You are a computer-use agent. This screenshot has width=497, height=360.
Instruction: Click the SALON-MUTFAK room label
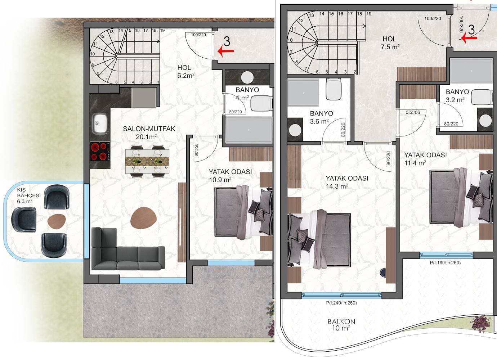pyautogui.click(x=149, y=132)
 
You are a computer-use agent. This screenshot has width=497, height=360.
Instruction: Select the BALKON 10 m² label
pyautogui.click(x=341, y=325)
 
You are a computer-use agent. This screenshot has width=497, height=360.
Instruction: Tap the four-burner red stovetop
pyautogui.click(x=100, y=151)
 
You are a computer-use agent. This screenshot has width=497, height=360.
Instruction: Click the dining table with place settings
pyautogui.click(x=147, y=161)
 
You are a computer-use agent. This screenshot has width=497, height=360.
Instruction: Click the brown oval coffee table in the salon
pyautogui.click(x=144, y=218)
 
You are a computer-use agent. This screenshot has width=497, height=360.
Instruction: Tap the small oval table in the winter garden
pyautogui.click(x=57, y=221)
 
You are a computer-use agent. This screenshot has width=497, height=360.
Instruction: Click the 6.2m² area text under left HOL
pyautogui.click(x=186, y=76)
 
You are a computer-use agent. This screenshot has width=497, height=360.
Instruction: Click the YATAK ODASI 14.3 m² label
pyautogui.click(x=347, y=182)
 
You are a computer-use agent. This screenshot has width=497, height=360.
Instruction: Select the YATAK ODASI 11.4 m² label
pyautogui.click(x=425, y=159)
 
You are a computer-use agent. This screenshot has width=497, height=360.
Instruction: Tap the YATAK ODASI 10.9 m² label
pyautogui.click(x=230, y=176)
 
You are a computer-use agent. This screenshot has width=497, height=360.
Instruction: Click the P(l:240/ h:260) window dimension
pyautogui.click(x=341, y=303)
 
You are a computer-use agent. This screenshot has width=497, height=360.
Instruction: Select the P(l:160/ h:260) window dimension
pyautogui.click(x=445, y=263)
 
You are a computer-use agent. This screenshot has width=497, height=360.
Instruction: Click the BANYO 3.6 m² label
pyautogui.click(x=321, y=117)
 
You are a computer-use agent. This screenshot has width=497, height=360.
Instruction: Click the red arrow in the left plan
pyautogui.click(x=226, y=51)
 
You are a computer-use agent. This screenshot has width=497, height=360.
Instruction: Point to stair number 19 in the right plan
pyautogui.click(x=369, y=14)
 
